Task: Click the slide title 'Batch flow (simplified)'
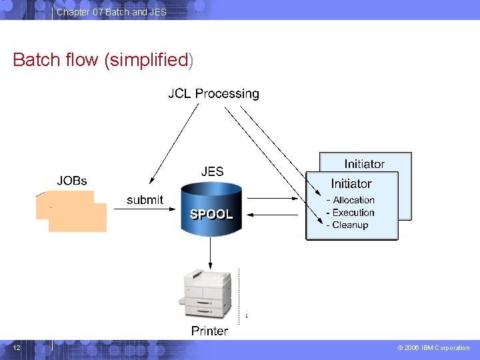click(103, 60)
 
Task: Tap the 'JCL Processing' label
click(214, 94)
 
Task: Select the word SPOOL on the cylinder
click(211, 214)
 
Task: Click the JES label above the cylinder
click(212, 171)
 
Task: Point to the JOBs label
click(72, 181)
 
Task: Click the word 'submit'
click(145, 200)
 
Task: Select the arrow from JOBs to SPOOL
click(145, 209)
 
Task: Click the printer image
click(205, 293)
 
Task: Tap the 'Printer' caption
click(210, 331)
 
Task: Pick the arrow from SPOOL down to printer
click(210, 253)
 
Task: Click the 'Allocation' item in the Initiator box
click(353, 200)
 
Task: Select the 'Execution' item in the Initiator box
click(353, 213)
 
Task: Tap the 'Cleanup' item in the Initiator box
click(350, 225)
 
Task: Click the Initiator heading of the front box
click(351, 184)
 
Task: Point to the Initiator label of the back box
click(364, 164)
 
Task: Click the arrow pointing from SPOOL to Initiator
click(273, 199)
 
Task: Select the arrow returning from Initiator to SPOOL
click(273, 215)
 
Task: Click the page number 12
click(17, 348)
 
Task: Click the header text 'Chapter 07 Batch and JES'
click(111, 12)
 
